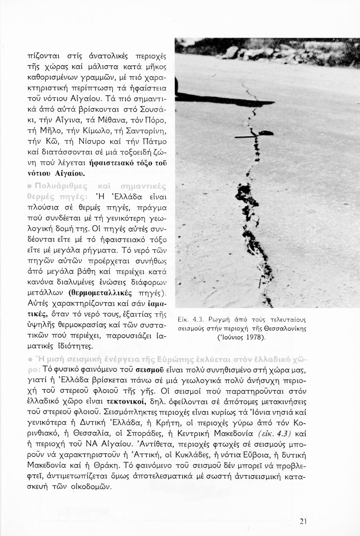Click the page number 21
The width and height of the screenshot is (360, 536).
tap(303, 521)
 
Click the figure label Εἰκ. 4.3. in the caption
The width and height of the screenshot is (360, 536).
tap(190, 319)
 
